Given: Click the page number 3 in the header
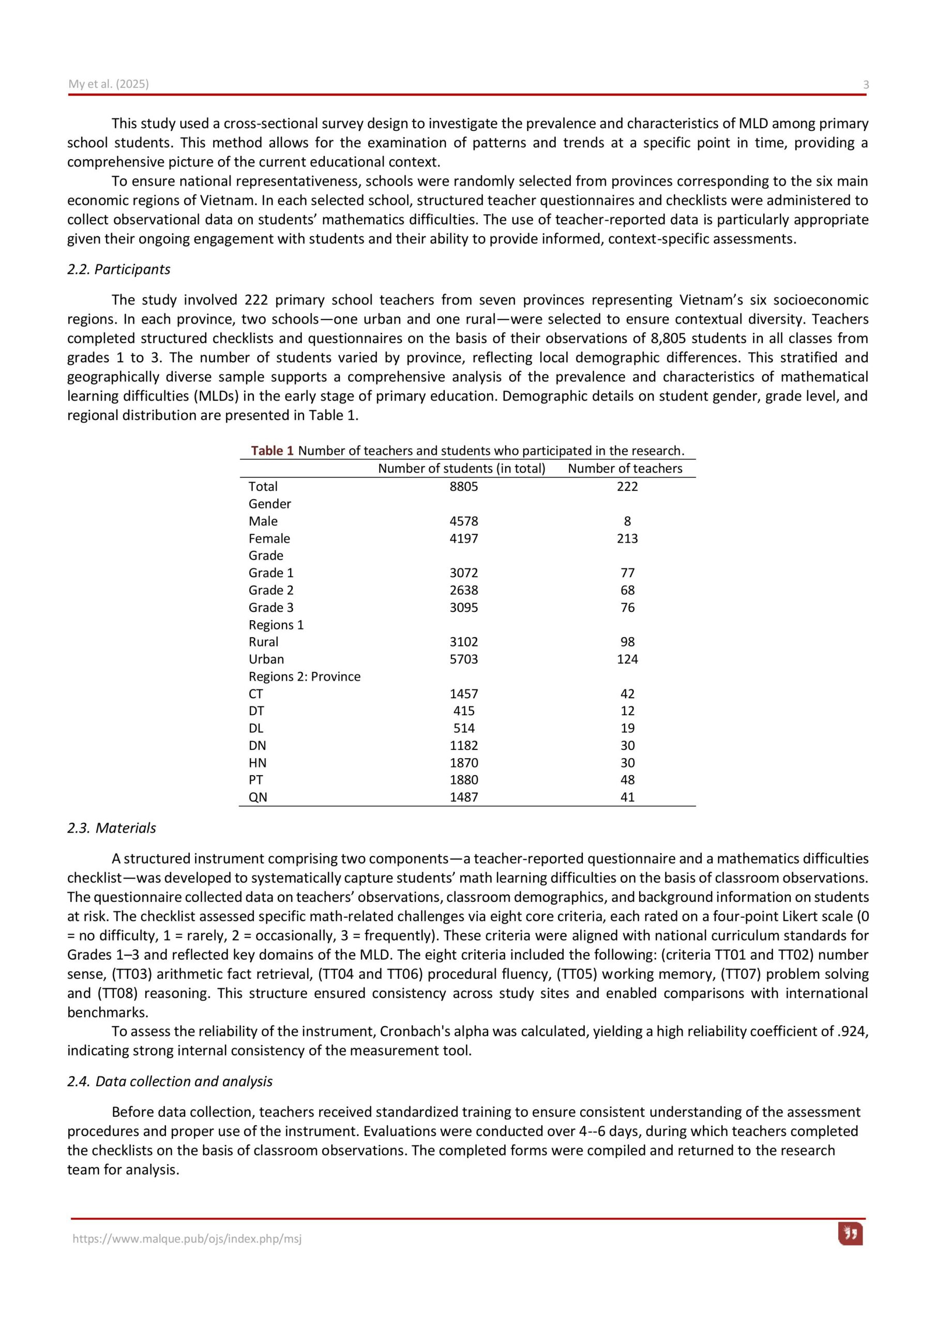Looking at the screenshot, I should [x=865, y=85].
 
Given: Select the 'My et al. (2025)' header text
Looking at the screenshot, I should [x=109, y=84].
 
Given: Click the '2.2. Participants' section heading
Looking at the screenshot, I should [x=119, y=269].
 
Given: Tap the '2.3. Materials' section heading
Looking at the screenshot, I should [x=111, y=828].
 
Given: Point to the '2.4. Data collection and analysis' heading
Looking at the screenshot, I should [x=170, y=1081].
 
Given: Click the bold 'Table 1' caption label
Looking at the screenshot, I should [x=272, y=451].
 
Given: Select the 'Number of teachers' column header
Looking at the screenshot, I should [x=625, y=468].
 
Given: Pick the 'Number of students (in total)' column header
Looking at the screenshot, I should [x=461, y=468].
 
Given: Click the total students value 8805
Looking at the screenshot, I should [x=464, y=486].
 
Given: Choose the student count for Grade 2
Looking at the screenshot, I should [x=464, y=590].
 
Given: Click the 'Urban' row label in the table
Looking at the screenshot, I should [x=266, y=659].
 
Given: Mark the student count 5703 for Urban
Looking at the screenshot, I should [x=464, y=659].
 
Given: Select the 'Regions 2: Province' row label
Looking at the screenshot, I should [x=304, y=676].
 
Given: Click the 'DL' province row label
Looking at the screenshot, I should [x=255, y=728].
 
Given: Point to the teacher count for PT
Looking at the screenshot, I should [x=627, y=780].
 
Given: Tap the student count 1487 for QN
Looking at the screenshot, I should [x=464, y=797].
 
